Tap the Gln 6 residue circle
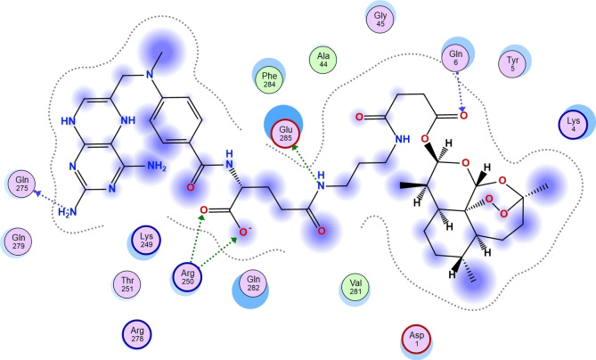tap(454, 59)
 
